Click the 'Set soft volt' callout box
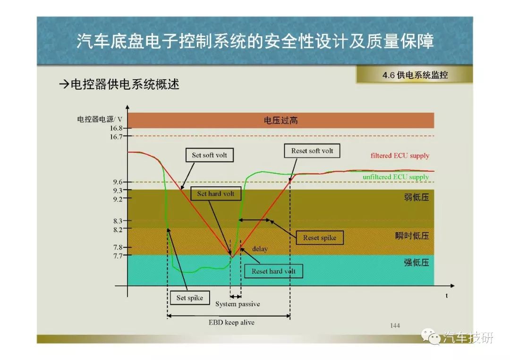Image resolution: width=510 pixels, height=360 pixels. pyautogui.click(x=210, y=155)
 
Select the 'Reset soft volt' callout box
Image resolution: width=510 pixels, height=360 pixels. pyautogui.click(x=312, y=151)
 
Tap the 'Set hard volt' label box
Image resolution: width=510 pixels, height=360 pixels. pyautogui.click(x=216, y=193)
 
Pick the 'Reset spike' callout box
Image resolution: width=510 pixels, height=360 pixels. pyautogui.click(x=319, y=237)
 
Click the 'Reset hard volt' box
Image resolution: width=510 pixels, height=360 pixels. pyautogui.click(x=273, y=271)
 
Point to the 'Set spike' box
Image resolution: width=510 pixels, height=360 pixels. pyautogui.click(x=190, y=298)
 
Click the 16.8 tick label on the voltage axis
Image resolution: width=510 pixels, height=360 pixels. pyautogui.click(x=116, y=128)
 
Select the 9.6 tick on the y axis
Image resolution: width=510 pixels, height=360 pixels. pyautogui.click(x=118, y=182)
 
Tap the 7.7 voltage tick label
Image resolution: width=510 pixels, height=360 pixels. pyautogui.click(x=118, y=256)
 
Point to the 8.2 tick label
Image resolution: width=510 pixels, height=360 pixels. pyautogui.click(x=118, y=230)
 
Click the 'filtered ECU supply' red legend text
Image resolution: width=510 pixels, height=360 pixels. pyautogui.click(x=400, y=156)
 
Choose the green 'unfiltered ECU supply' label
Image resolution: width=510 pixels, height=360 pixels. pyautogui.click(x=396, y=177)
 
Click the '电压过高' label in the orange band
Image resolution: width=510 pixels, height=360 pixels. pyautogui.click(x=280, y=120)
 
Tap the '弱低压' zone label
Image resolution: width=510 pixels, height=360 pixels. pyautogui.click(x=416, y=197)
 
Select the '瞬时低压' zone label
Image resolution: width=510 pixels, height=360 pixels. pyautogui.click(x=412, y=235)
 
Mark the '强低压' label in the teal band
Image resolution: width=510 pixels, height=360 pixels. pyautogui.click(x=416, y=262)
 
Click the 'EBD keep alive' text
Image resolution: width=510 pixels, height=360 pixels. pyautogui.click(x=231, y=323)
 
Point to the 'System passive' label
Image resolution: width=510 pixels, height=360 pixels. pyautogui.click(x=238, y=304)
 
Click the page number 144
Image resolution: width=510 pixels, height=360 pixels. pyautogui.click(x=395, y=326)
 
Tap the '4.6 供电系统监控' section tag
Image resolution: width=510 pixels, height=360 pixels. pyautogui.click(x=415, y=75)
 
